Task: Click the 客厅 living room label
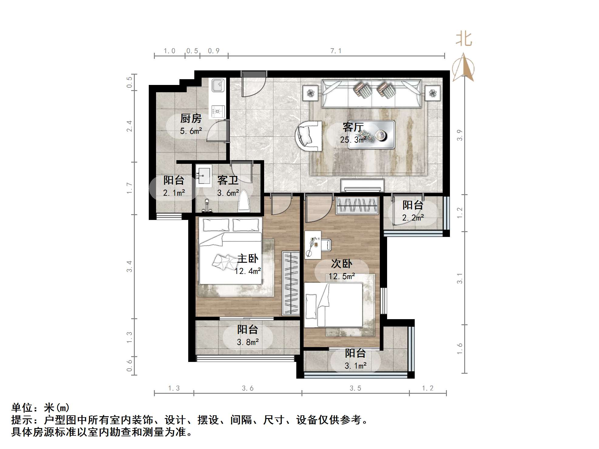[353, 127]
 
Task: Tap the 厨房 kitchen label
[191, 118]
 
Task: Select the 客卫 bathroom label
[228, 180]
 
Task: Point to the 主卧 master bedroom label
[247, 258]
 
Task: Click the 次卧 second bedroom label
[342, 264]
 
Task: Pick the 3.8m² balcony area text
[248, 342]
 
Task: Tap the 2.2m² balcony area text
[413, 218]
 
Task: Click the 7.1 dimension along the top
[336, 51]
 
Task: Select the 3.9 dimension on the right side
[460, 135]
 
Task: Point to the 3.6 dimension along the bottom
[247, 388]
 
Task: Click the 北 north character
[464, 39]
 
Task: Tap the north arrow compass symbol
[463, 67]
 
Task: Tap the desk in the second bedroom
[313, 245]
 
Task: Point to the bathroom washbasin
[203, 176]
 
